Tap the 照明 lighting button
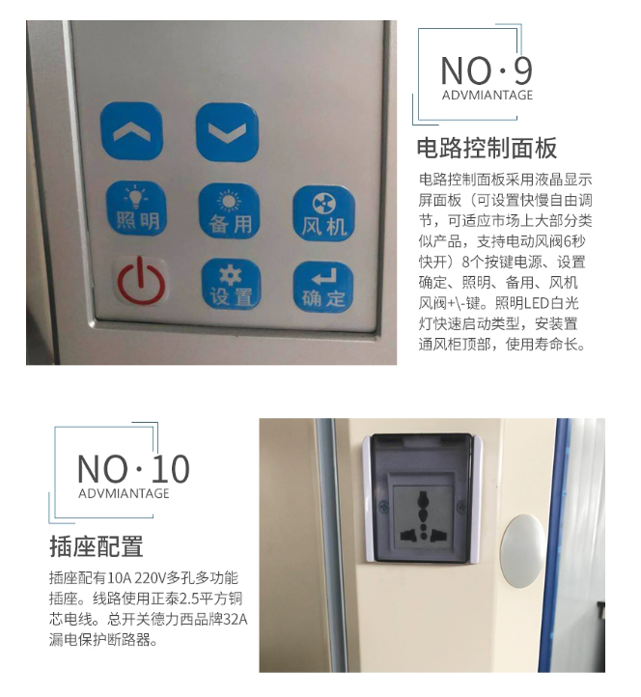pos(136,208)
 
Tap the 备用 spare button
pos(230,210)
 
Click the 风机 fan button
pos(323,213)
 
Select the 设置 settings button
pos(231,284)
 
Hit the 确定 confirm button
pos(323,287)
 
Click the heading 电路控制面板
pos(487,148)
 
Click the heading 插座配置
pos(96,546)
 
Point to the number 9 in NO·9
pos(523,70)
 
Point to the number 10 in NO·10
pos(171,469)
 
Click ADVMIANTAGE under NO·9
pos(488,96)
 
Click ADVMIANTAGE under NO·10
pos(124,493)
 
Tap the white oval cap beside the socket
pos(522,550)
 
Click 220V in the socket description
pos(150,578)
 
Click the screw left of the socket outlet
pos(383,506)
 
